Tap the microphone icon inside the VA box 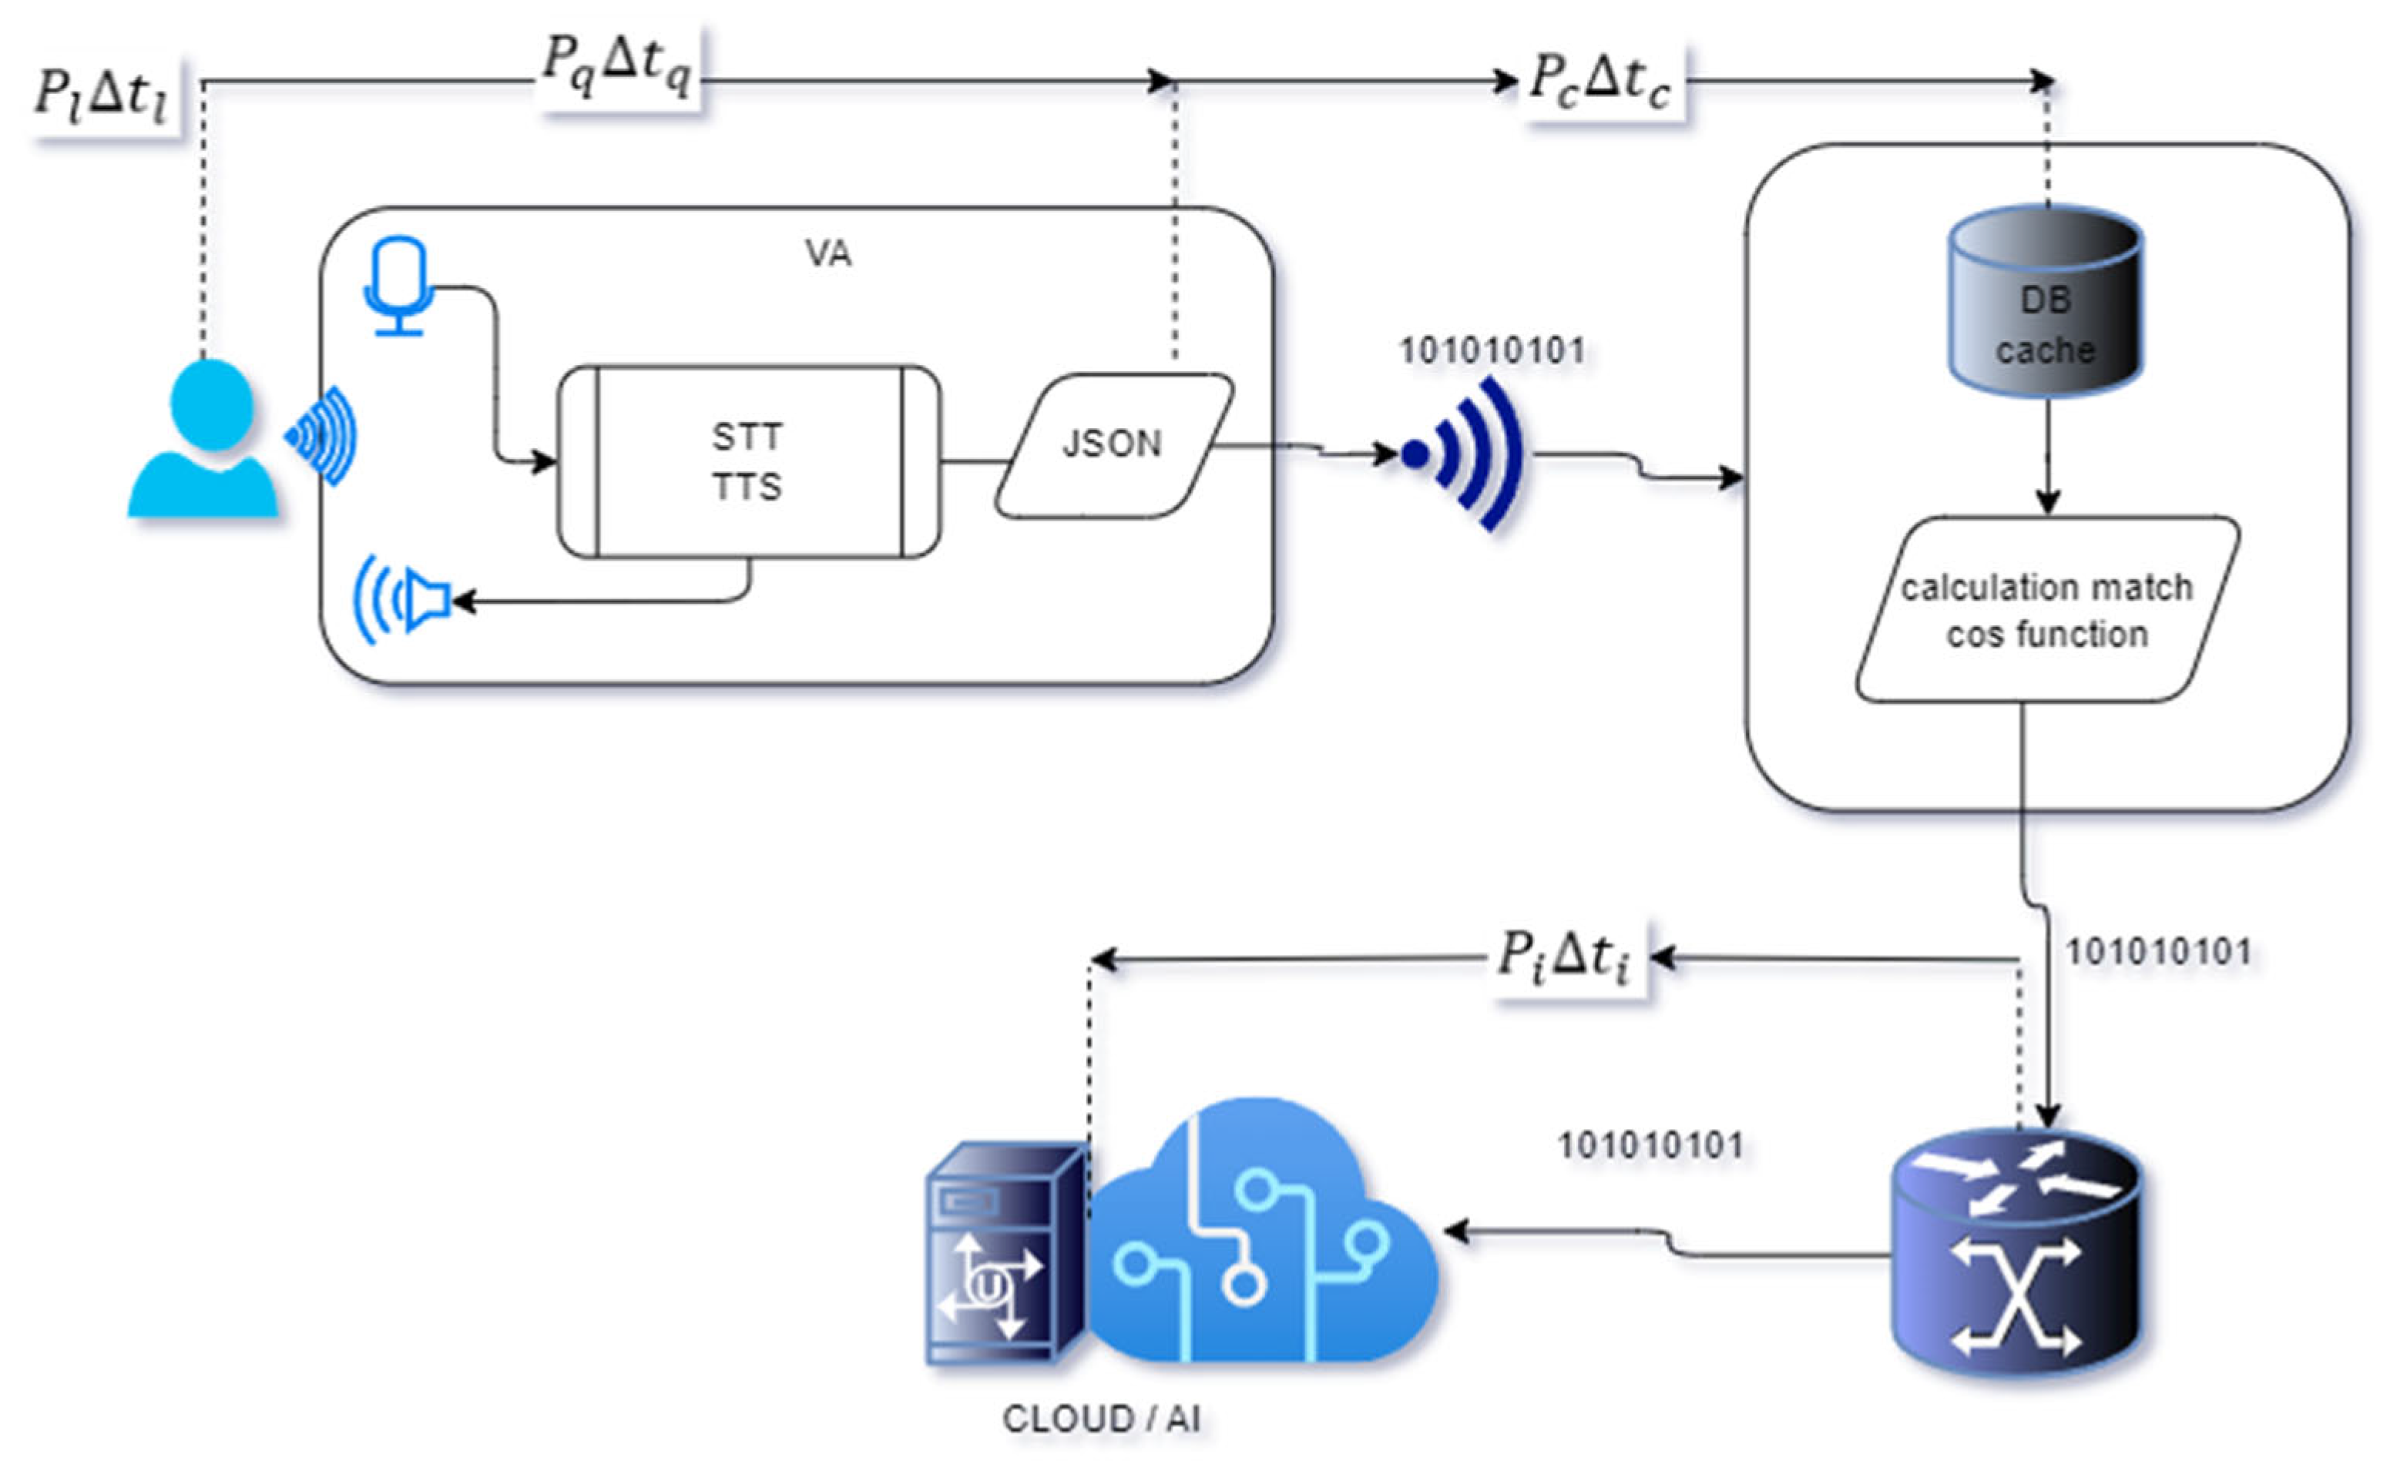398,285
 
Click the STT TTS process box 748,461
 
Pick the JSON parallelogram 1113,444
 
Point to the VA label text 827,254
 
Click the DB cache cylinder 2045,302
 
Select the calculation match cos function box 2046,610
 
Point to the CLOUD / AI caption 1101,1419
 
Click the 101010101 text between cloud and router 1650,1145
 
